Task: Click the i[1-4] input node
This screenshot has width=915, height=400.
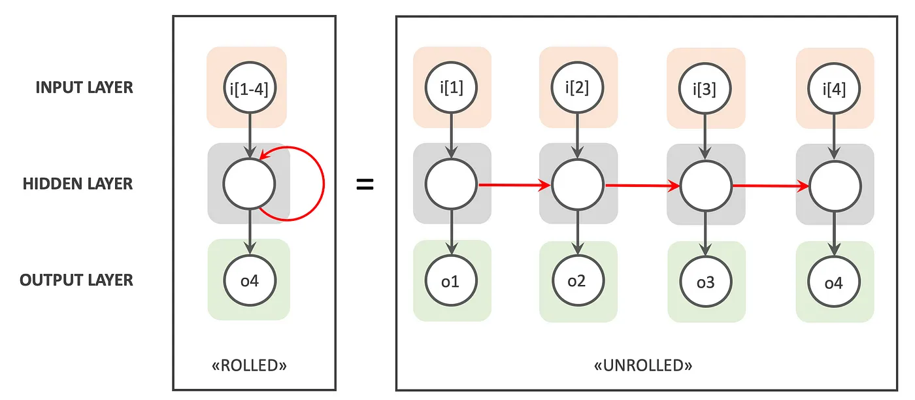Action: (x=248, y=87)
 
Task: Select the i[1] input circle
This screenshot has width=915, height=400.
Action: (x=452, y=87)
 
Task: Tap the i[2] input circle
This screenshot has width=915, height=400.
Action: (x=577, y=87)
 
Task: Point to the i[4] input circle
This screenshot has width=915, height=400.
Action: (x=834, y=88)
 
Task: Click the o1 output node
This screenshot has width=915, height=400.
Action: (x=452, y=281)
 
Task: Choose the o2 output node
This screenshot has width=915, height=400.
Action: (x=577, y=281)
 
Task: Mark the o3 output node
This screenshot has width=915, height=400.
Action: (x=705, y=282)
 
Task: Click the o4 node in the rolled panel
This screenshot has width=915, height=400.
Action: (x=248, y=281)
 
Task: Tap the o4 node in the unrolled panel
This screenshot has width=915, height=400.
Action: (x=834, y=282)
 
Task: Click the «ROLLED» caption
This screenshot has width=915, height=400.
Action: (x=254, y=365)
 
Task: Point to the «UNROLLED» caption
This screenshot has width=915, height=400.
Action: (x=643, y=365)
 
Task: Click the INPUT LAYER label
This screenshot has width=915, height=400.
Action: (x=84, y=87)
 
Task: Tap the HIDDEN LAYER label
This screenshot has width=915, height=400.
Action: (x=78, y=184)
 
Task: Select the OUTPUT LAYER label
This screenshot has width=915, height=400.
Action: (x=76, y=280)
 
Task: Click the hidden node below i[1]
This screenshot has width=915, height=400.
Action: (x=452, y=184)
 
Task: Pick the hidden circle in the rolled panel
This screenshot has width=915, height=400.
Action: (x=248, y=184)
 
